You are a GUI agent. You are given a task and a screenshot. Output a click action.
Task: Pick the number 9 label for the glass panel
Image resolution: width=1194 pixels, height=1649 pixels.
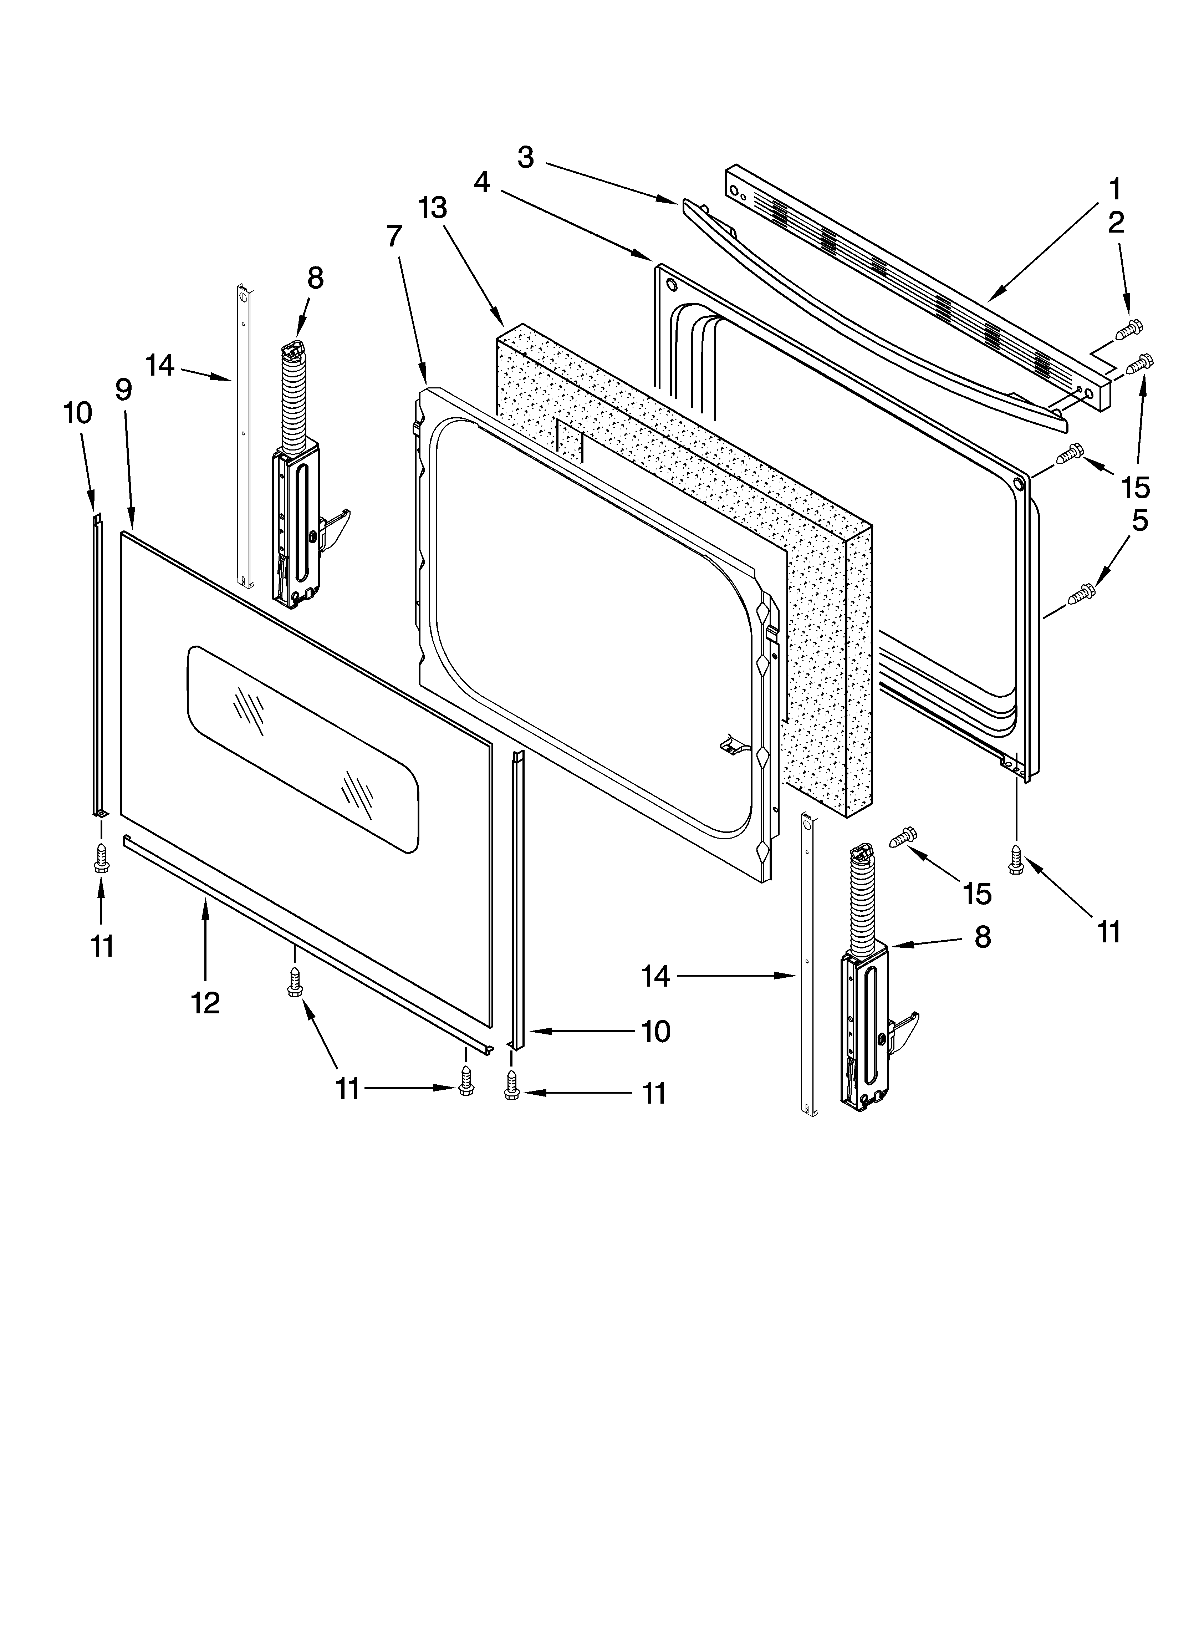(x=124, y=391)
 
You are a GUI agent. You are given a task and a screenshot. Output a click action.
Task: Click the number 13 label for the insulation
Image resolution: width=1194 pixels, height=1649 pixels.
(x=433, y=208)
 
